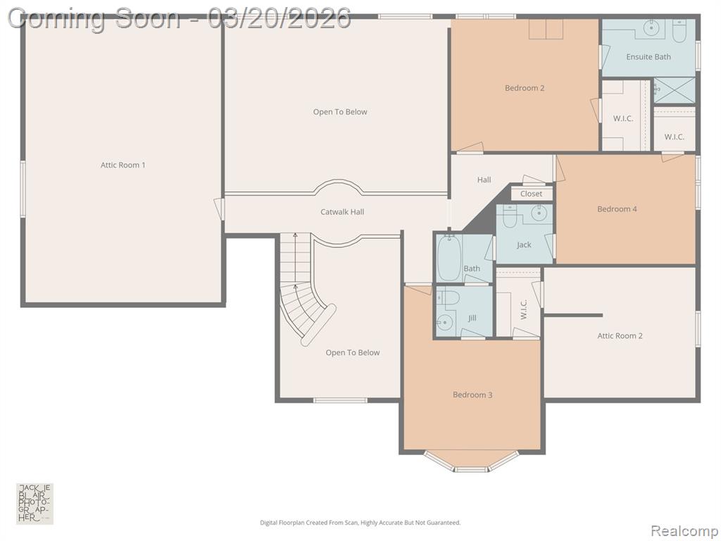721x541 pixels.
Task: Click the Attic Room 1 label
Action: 123,165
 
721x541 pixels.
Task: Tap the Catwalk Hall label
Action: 342,212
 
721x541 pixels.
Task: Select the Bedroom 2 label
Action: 525,88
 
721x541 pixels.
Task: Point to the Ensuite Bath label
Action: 648,57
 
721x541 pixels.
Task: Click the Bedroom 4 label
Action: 617,209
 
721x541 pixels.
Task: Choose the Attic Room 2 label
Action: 620,336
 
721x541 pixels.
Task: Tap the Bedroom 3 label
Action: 472,394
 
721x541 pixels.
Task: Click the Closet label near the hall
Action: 531,194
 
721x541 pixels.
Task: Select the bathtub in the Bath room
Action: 449,258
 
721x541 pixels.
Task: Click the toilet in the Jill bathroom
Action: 448,297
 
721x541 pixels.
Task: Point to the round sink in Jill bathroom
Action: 445,323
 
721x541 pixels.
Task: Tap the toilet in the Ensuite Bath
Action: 679,31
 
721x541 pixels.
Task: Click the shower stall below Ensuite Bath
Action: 674,91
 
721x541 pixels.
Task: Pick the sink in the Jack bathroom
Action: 537,213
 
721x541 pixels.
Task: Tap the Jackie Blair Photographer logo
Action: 35,504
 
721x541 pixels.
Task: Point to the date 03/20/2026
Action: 279,19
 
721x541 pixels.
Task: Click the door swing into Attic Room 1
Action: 220,209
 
